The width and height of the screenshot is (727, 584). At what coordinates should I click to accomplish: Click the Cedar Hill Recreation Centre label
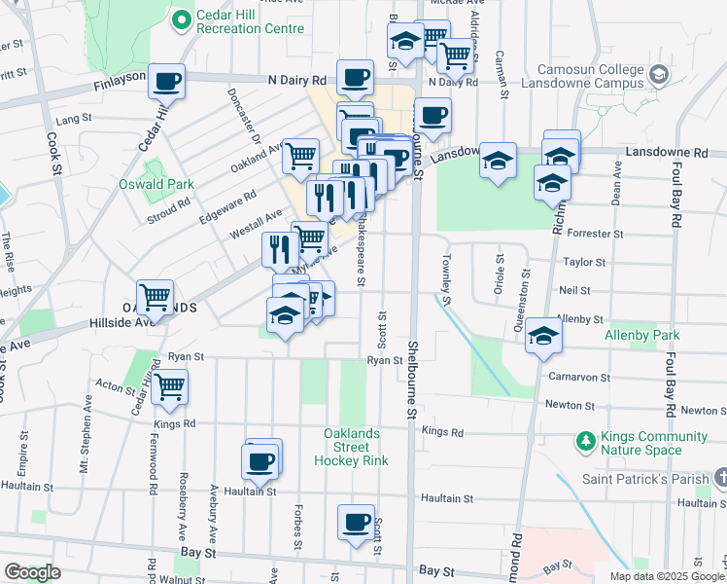coord(250,21)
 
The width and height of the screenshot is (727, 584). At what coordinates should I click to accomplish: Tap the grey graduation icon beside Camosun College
coord(659,74)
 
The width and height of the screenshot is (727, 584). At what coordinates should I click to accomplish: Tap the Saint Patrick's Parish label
coord(643,478)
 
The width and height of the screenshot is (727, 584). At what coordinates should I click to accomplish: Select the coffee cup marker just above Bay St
coord(357,522)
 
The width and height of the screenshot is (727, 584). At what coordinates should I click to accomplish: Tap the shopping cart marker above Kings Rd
coord(170,387)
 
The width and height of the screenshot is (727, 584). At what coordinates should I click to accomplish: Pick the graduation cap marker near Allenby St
coord(543,336)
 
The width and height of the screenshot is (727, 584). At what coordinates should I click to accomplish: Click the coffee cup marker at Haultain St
coord(260,461)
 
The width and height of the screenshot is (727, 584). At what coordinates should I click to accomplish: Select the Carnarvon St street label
coord(578,377)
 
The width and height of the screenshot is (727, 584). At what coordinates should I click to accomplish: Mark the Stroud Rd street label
coord(170,208)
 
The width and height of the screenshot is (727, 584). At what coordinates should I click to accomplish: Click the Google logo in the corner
coord(31,572)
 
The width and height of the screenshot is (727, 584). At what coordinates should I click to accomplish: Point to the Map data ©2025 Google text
coord(667,576)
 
